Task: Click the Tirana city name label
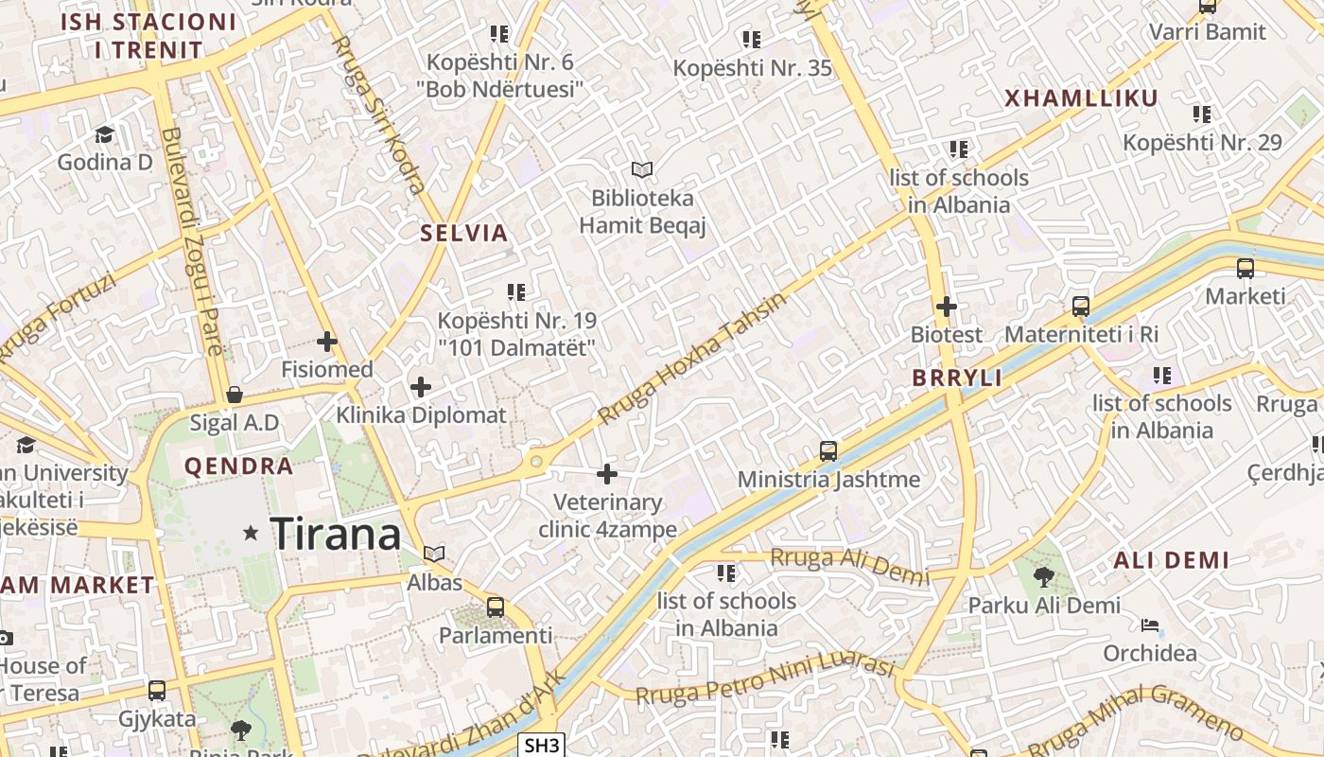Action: (x=336, y=535)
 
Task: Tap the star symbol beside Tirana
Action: (x=251, y=534)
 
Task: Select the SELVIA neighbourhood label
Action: (x=464, y=234)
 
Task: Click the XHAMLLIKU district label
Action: (x=1081, y=98)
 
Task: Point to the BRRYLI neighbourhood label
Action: (x=957, y=378)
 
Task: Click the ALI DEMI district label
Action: (x=1172, y=560)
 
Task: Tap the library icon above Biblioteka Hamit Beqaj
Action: (x=642, y=169)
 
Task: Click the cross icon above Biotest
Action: (x=946, y=307)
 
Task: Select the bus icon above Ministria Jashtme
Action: (x=828, y=450)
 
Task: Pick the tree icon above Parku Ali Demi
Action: (x=1043, y=576)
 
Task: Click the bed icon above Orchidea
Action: (x=1150, y=625)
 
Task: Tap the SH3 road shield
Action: (x=542, y=745)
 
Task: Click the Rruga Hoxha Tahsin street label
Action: (x=692, y=358)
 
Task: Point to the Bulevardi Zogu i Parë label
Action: (x=192, y=241)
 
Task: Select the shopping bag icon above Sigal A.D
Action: (x=235, y=394)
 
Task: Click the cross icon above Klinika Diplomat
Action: (x=421, y=386)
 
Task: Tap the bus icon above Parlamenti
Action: (x=495, y=607)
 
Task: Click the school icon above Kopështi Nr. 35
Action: (x=752, y=39)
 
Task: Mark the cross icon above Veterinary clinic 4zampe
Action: (x=607, y=473)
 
